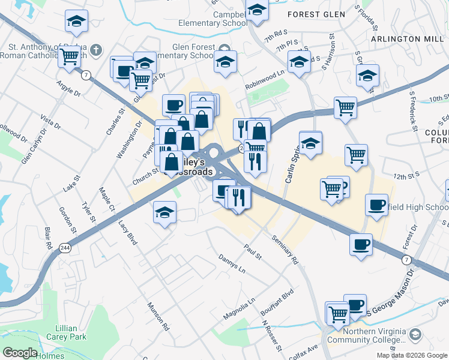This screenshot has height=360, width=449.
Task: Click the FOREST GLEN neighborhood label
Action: (x=316, y=13)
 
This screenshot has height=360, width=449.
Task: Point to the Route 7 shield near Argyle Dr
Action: (x=87, y=75)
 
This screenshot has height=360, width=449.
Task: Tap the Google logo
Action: (x=20, y=353)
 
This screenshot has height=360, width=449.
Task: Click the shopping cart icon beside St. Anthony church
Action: (x=70, y=56)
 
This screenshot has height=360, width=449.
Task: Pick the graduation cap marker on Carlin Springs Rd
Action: (x=310, y=143)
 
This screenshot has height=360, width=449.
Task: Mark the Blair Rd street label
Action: (x=48, y=238)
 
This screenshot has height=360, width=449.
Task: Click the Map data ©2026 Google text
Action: (x=411, y=355)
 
